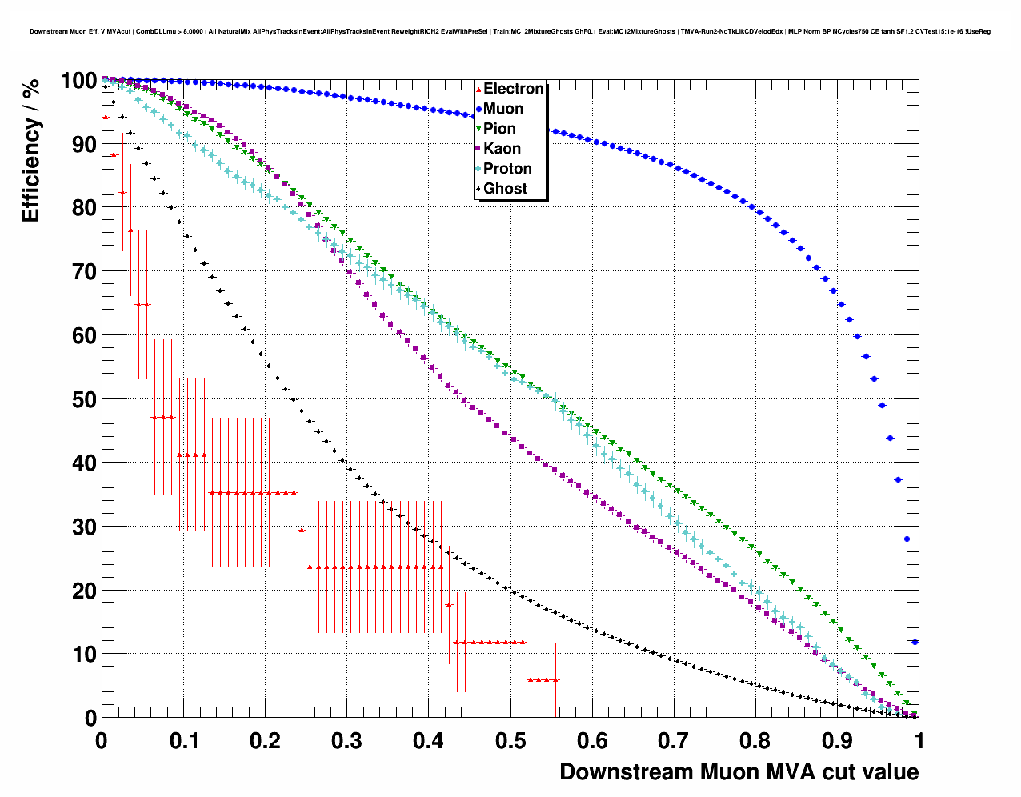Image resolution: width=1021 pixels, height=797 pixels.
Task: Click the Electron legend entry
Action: [x=513, y=89]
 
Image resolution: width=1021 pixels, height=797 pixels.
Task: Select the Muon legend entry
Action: [x=503, y=109]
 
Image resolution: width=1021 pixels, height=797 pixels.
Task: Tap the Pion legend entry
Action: [x=499, y=129]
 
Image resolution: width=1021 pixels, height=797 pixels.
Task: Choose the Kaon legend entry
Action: [x=502, y=149]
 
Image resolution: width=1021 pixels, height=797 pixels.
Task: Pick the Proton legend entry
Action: [x=507, y=169]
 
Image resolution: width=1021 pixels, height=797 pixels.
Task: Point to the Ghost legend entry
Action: [x=505, y=189]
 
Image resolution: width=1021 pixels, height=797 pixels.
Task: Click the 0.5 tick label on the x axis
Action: [x=510, y=741]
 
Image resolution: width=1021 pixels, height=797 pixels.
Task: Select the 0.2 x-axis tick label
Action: [x=265, y=741]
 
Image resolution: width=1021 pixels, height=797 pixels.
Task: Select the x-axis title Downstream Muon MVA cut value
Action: [x=739, y=772]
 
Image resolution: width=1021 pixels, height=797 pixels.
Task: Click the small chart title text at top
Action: [x=510, y=32]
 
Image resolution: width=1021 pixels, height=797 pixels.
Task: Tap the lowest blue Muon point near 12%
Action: [x=915, y=642]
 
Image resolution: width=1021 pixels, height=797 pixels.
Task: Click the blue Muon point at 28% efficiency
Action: [x=907, y=539]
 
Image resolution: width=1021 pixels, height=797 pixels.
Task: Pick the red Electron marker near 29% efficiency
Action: [x=302, y=530]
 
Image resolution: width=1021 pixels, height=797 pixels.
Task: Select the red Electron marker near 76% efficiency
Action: [x=130, y=230]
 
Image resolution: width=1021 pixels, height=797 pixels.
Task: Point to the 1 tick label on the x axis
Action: [x=919, y=741]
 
